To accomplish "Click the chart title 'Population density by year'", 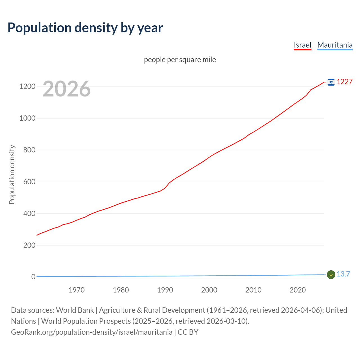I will (85, 28).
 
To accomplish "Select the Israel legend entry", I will (302, 45).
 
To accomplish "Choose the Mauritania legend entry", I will (335, 45).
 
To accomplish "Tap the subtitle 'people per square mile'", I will (180, 60).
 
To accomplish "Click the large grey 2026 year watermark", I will (67, 89).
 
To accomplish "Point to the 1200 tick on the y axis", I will (27, 86).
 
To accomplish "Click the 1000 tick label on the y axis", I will (27, 118).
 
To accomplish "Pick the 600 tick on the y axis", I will (29, 182).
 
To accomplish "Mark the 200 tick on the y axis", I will (29, 245).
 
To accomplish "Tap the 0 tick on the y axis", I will (33, 277).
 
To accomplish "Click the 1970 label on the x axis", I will (76, 290).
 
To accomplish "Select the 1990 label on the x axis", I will (165, 290).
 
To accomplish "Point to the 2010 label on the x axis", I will (253, 290).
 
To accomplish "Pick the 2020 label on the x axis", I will (298, 290).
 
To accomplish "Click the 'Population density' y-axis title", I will (12, 174).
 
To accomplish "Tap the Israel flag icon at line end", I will (331, 82).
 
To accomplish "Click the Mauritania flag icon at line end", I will (331, 274).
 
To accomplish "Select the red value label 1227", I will (345, 82).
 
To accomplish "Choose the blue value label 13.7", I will (343, 274).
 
